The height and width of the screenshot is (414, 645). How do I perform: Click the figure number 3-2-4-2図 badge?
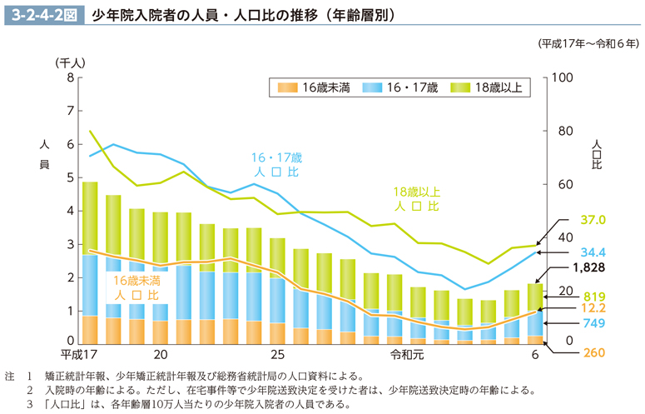coord(42,14)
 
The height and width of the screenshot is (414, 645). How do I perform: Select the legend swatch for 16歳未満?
coord(286,87)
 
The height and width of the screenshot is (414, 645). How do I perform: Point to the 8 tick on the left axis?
coord(69,77)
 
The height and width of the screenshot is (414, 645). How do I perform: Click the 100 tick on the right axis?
coord(563,77)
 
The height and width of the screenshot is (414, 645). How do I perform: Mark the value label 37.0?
coord(593,221)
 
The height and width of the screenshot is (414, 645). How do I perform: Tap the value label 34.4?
coord(593,252)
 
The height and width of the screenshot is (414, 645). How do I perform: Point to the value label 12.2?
coord(593,307)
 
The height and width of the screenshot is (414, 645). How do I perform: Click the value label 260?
coord(593,353)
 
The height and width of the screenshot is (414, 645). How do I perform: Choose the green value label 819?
coord(593,296)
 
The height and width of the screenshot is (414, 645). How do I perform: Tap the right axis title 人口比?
coord(597,154)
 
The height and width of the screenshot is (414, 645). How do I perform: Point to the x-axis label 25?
coord(277,354)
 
